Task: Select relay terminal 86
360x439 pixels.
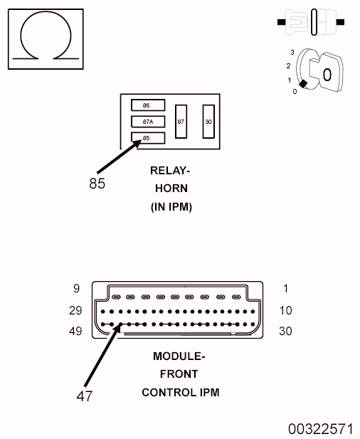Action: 148,105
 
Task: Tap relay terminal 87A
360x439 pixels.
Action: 148,122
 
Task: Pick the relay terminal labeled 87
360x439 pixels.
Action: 181,122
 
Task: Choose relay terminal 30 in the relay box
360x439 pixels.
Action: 208,122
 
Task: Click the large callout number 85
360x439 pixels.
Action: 97,184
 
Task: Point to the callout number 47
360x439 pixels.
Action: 84,396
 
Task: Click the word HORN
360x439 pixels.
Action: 171,189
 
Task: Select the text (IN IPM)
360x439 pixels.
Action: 171,207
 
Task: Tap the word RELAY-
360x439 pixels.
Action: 170,171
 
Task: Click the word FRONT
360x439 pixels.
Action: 179,374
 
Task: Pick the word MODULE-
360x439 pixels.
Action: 179,356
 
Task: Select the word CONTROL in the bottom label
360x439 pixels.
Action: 169,393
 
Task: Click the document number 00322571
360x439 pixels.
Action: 321,429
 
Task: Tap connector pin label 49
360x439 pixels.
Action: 75,332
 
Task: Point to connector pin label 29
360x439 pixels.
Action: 75,310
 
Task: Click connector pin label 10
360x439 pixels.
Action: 285,310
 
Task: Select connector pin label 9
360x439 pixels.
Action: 76,289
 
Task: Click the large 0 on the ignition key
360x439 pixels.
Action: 327,75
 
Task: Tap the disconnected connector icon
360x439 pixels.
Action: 311,22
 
